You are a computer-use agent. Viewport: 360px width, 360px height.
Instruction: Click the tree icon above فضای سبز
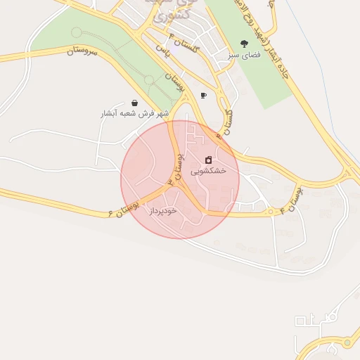[244, 44]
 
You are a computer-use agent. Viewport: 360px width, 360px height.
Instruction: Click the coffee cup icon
[203, 95]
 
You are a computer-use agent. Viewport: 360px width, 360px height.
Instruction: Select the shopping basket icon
[134, 103]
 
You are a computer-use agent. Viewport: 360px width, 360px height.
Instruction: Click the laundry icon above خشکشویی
[208, 160]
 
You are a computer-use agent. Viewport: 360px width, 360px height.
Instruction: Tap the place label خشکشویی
[208, 170]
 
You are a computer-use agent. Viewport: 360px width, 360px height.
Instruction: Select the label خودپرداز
[162, 210]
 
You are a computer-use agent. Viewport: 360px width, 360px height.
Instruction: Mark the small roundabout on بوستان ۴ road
[270, 211]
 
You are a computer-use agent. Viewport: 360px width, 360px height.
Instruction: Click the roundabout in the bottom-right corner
[347, 343]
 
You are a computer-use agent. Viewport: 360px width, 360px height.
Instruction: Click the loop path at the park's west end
[77, 32]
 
